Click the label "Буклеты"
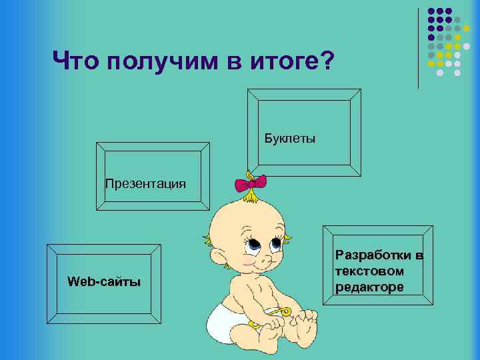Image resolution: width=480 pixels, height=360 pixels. coord(290,139)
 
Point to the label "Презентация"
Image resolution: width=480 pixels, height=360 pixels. coord(145,183)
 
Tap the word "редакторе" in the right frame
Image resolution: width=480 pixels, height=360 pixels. coord(370,287)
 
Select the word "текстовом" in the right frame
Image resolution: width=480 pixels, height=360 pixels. coord(370,271)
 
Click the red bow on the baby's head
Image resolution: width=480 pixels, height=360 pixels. coord(251,181)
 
